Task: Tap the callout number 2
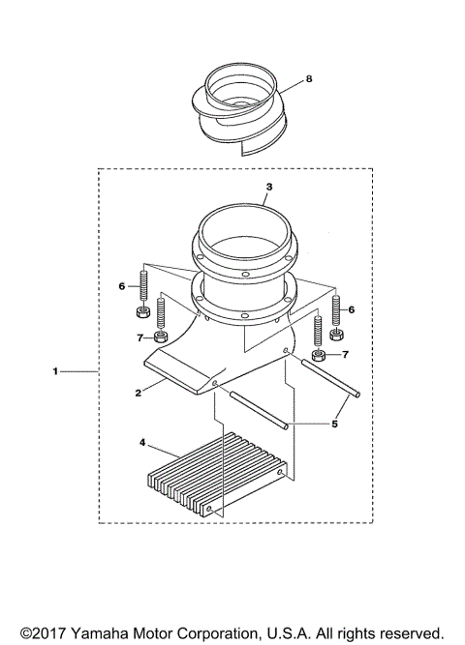(138, 393)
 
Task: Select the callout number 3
(269, 185)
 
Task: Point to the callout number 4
(142, 443)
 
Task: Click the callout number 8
(308, 78)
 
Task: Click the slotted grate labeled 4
(215, 474)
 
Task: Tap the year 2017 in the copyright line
(42, 632)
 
